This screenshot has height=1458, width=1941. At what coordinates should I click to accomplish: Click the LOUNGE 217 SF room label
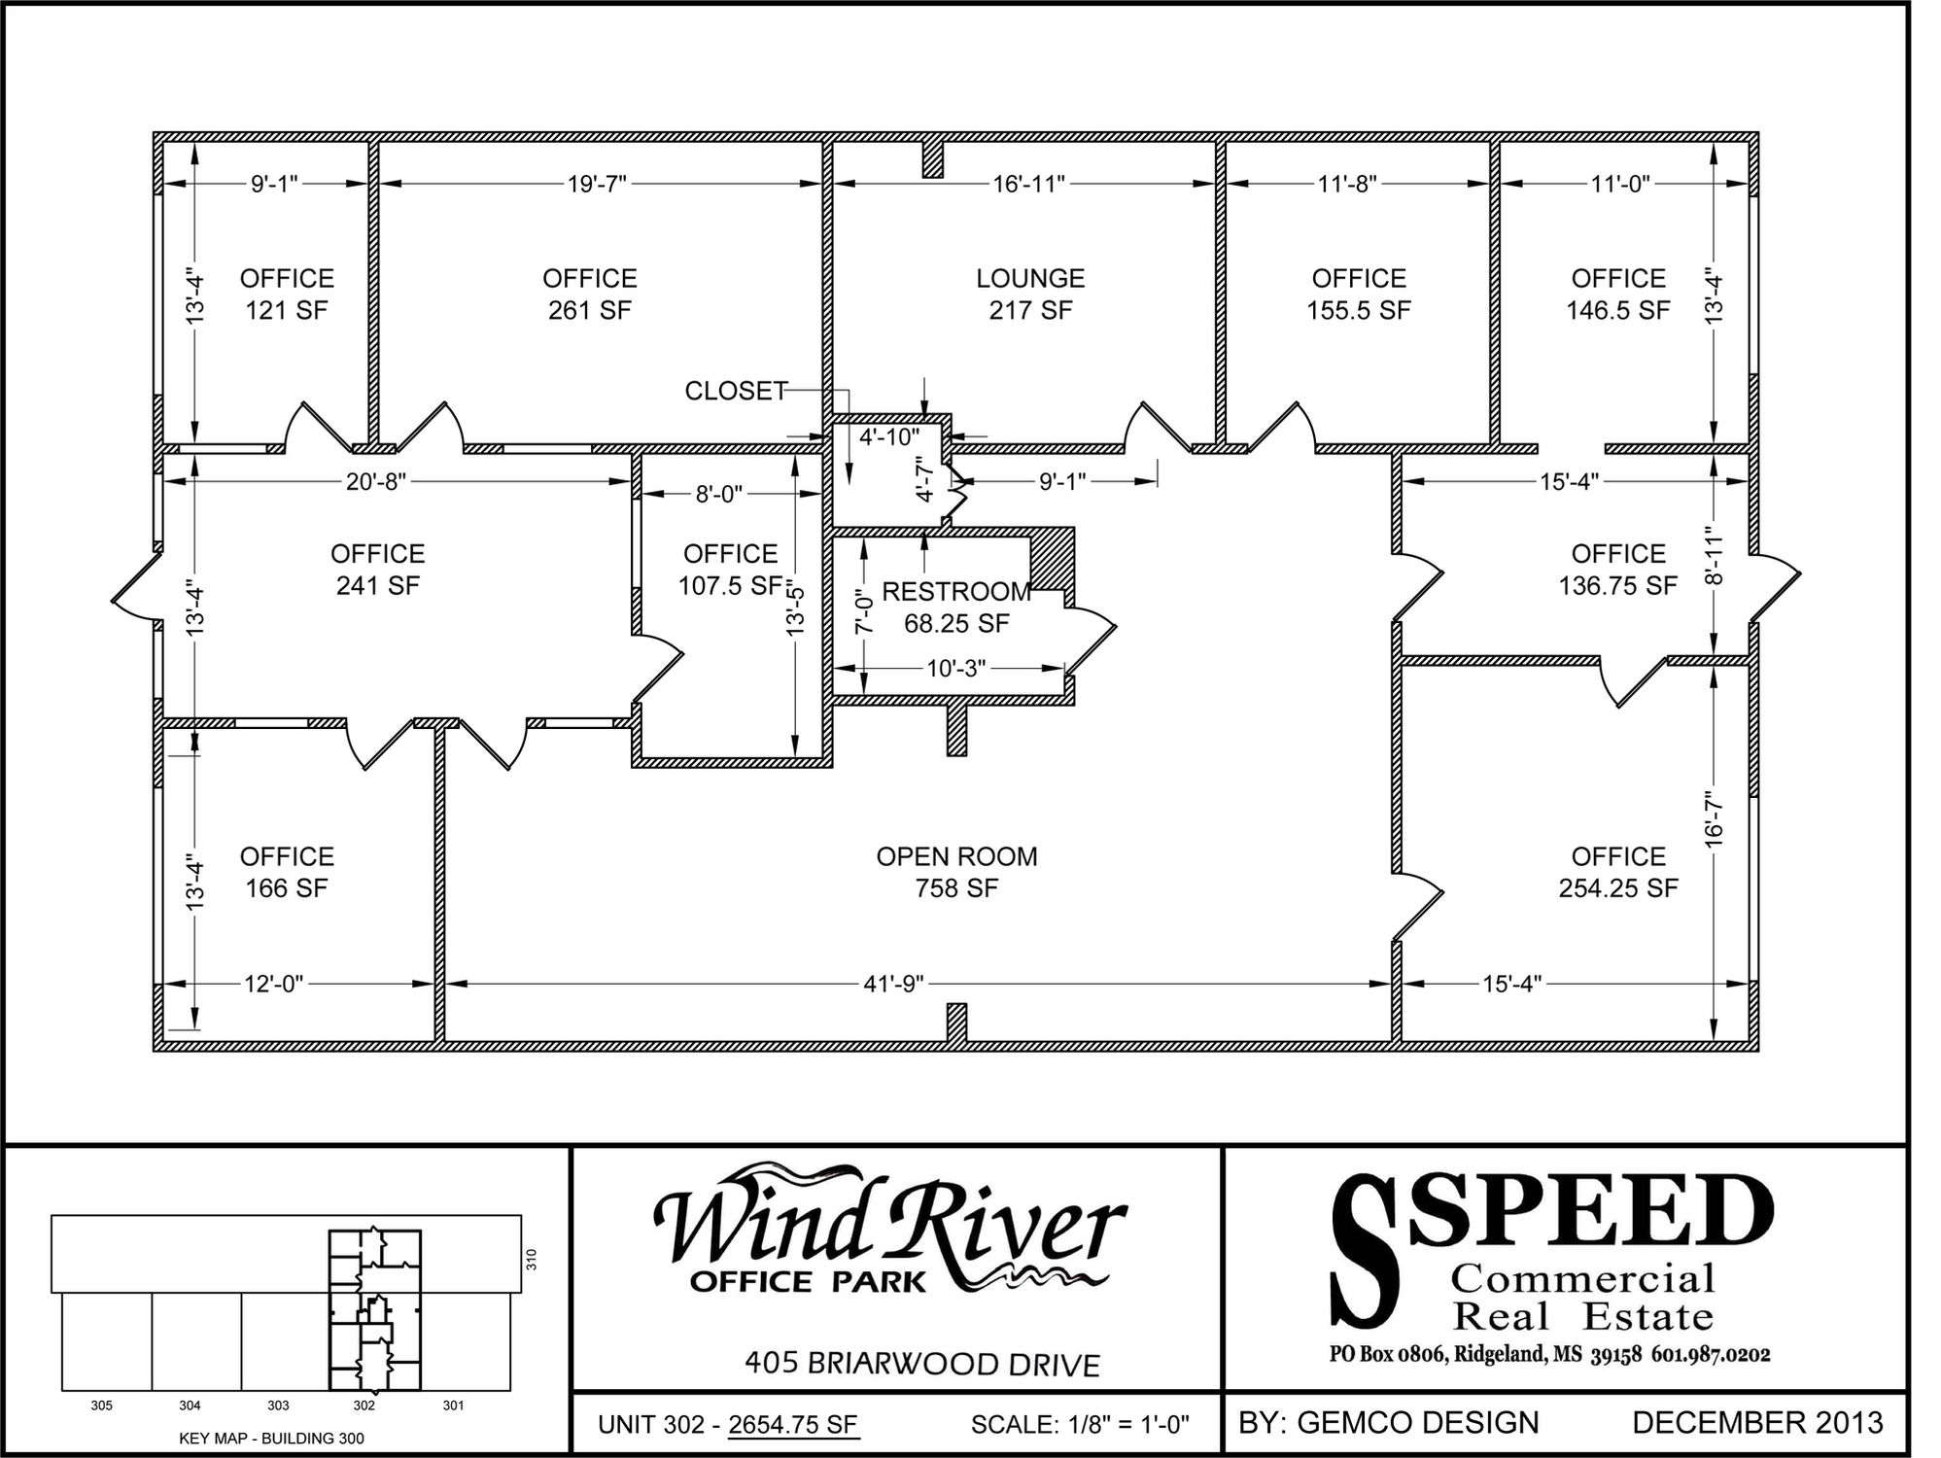tap(1030, 295)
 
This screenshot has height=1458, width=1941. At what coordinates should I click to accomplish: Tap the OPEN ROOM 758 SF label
tap(956, 872)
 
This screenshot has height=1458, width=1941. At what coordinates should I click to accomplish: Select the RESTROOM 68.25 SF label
tap(956, 607)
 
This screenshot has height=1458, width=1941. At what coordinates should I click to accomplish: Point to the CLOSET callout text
tap(735, 391)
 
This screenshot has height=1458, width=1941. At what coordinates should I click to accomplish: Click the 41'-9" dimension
tap(894, 984)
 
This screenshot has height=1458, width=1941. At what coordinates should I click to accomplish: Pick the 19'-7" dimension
tap(597, 184)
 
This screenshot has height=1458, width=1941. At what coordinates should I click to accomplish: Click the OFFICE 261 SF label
tap(589, 295)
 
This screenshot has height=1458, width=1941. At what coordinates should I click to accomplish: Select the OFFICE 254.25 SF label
tap(1618, 872)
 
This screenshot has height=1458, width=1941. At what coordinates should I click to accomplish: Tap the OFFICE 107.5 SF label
tap(730, 570)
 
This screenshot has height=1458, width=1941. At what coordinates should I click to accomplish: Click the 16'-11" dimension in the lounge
tap(1029, 184)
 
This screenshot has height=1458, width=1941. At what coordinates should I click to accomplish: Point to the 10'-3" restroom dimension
tap(956, 669)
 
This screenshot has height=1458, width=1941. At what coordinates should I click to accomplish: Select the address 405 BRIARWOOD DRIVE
tap(922, 1364)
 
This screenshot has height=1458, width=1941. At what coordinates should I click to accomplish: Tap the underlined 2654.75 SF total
tap(793, 1425)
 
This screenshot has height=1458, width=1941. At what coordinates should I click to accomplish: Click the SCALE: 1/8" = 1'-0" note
tap(1080, 1425)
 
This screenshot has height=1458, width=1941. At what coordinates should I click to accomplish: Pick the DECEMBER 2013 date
tap(1757, 1423)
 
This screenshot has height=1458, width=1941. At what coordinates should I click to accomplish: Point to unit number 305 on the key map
tap(101, 1406)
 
